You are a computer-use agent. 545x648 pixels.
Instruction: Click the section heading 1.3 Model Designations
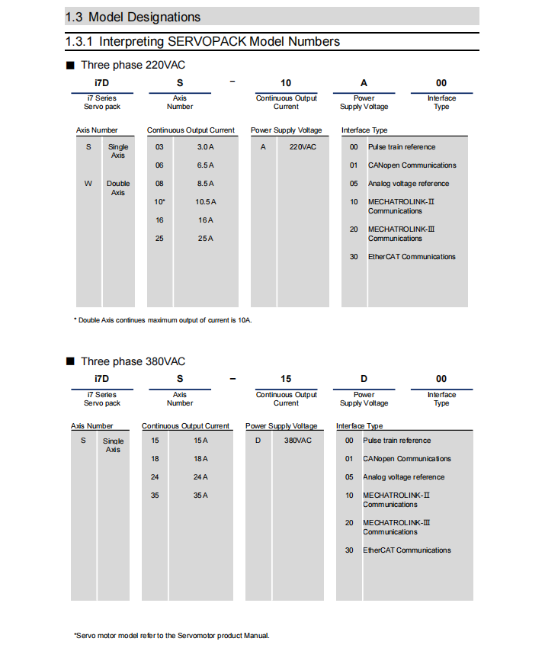(133, 17)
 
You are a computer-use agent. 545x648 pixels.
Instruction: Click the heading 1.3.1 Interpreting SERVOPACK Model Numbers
(203, 41)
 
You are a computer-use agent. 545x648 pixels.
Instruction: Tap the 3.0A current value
(206, 147)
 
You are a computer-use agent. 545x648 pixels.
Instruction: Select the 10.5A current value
(206, 202)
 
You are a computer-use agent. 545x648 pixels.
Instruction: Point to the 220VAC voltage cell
(303, 147)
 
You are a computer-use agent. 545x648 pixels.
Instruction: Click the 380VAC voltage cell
(298, 441)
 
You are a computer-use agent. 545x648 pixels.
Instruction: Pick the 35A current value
(200, 496)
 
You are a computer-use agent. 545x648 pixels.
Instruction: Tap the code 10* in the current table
(160, 202)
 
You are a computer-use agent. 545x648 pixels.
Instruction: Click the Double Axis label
(118, 188)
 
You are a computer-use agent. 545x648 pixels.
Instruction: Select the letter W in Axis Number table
(88, 184)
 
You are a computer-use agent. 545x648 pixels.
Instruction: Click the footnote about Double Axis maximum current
(162, 320)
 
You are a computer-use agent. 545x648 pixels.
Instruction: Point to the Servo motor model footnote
(172, 635)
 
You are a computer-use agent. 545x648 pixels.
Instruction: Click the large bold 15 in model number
(286, 379)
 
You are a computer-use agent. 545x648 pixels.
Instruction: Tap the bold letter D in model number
(364, 379)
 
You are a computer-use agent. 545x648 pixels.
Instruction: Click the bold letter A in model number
(364, 83)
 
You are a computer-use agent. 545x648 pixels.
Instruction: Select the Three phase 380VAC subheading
(133, 361)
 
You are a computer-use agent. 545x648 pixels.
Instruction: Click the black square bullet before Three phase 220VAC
(70, 66)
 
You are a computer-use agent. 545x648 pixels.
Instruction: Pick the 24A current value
(200, 477)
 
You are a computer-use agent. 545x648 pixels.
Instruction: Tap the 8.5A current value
(206, 184)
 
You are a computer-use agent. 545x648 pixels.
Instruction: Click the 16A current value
(206, 220)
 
